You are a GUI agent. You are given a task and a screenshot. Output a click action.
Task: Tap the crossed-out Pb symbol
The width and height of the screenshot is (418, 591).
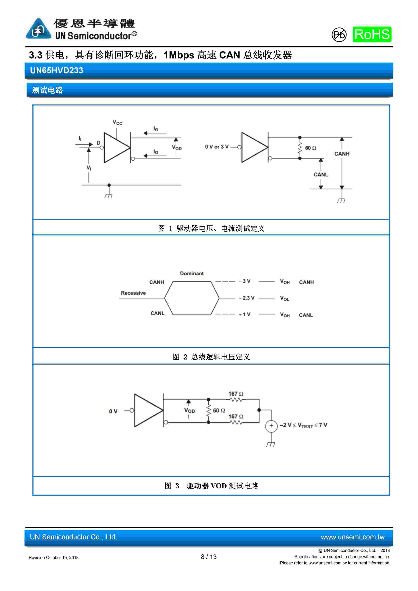[339, 35]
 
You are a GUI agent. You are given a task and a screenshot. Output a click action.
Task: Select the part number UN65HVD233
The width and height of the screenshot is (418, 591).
[57, 70]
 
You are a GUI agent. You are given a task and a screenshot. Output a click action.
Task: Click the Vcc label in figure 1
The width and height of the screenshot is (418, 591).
[117, 122]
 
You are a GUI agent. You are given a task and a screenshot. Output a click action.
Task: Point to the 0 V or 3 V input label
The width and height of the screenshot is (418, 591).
[217, 147]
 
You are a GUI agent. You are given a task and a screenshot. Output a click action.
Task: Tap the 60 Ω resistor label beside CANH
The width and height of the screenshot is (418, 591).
[310, 148]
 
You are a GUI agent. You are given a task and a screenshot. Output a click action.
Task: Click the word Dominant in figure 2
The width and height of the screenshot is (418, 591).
[192, 273]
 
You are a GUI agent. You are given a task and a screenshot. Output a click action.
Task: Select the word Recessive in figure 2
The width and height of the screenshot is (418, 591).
[133, 293]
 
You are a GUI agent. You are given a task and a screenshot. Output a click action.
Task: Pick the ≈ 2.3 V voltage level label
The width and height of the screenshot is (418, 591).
[247, 298]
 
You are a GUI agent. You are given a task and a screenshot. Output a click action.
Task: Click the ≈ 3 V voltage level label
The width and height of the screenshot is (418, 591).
[244, 281]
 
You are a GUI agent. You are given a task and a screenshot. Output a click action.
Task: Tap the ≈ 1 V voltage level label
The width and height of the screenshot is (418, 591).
[244, 314]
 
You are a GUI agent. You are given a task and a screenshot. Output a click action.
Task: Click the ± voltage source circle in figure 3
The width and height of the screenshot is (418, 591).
[271, 426]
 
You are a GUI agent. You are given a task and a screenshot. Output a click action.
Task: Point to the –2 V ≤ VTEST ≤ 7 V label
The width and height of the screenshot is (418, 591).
[304, 425]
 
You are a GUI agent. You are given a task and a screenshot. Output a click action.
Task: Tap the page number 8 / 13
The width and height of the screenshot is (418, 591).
[209, 557]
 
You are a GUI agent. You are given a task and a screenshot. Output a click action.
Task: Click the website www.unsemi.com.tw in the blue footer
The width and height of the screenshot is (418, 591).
[352, 537]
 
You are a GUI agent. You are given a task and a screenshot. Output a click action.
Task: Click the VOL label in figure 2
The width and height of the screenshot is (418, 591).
[285, 298]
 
